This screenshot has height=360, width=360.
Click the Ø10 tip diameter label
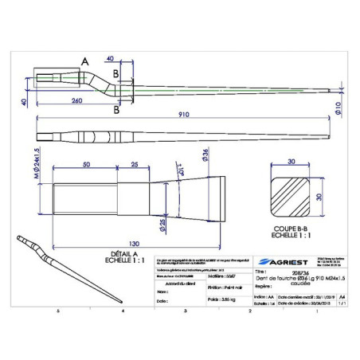pos(338,108)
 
